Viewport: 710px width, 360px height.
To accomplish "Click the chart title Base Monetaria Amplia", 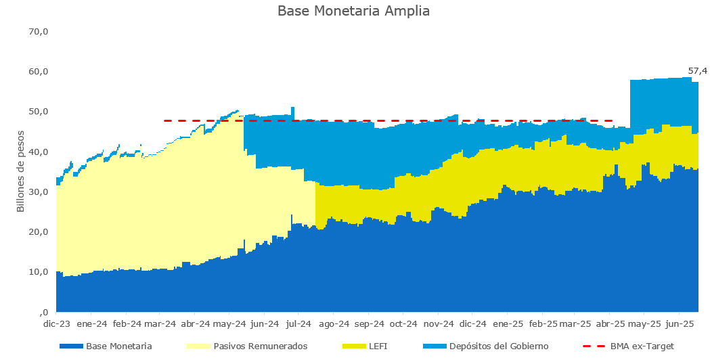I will [353, 12].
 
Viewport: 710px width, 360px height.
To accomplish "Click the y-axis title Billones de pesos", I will [20, 171].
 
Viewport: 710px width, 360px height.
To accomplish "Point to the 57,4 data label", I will [697, 70].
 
